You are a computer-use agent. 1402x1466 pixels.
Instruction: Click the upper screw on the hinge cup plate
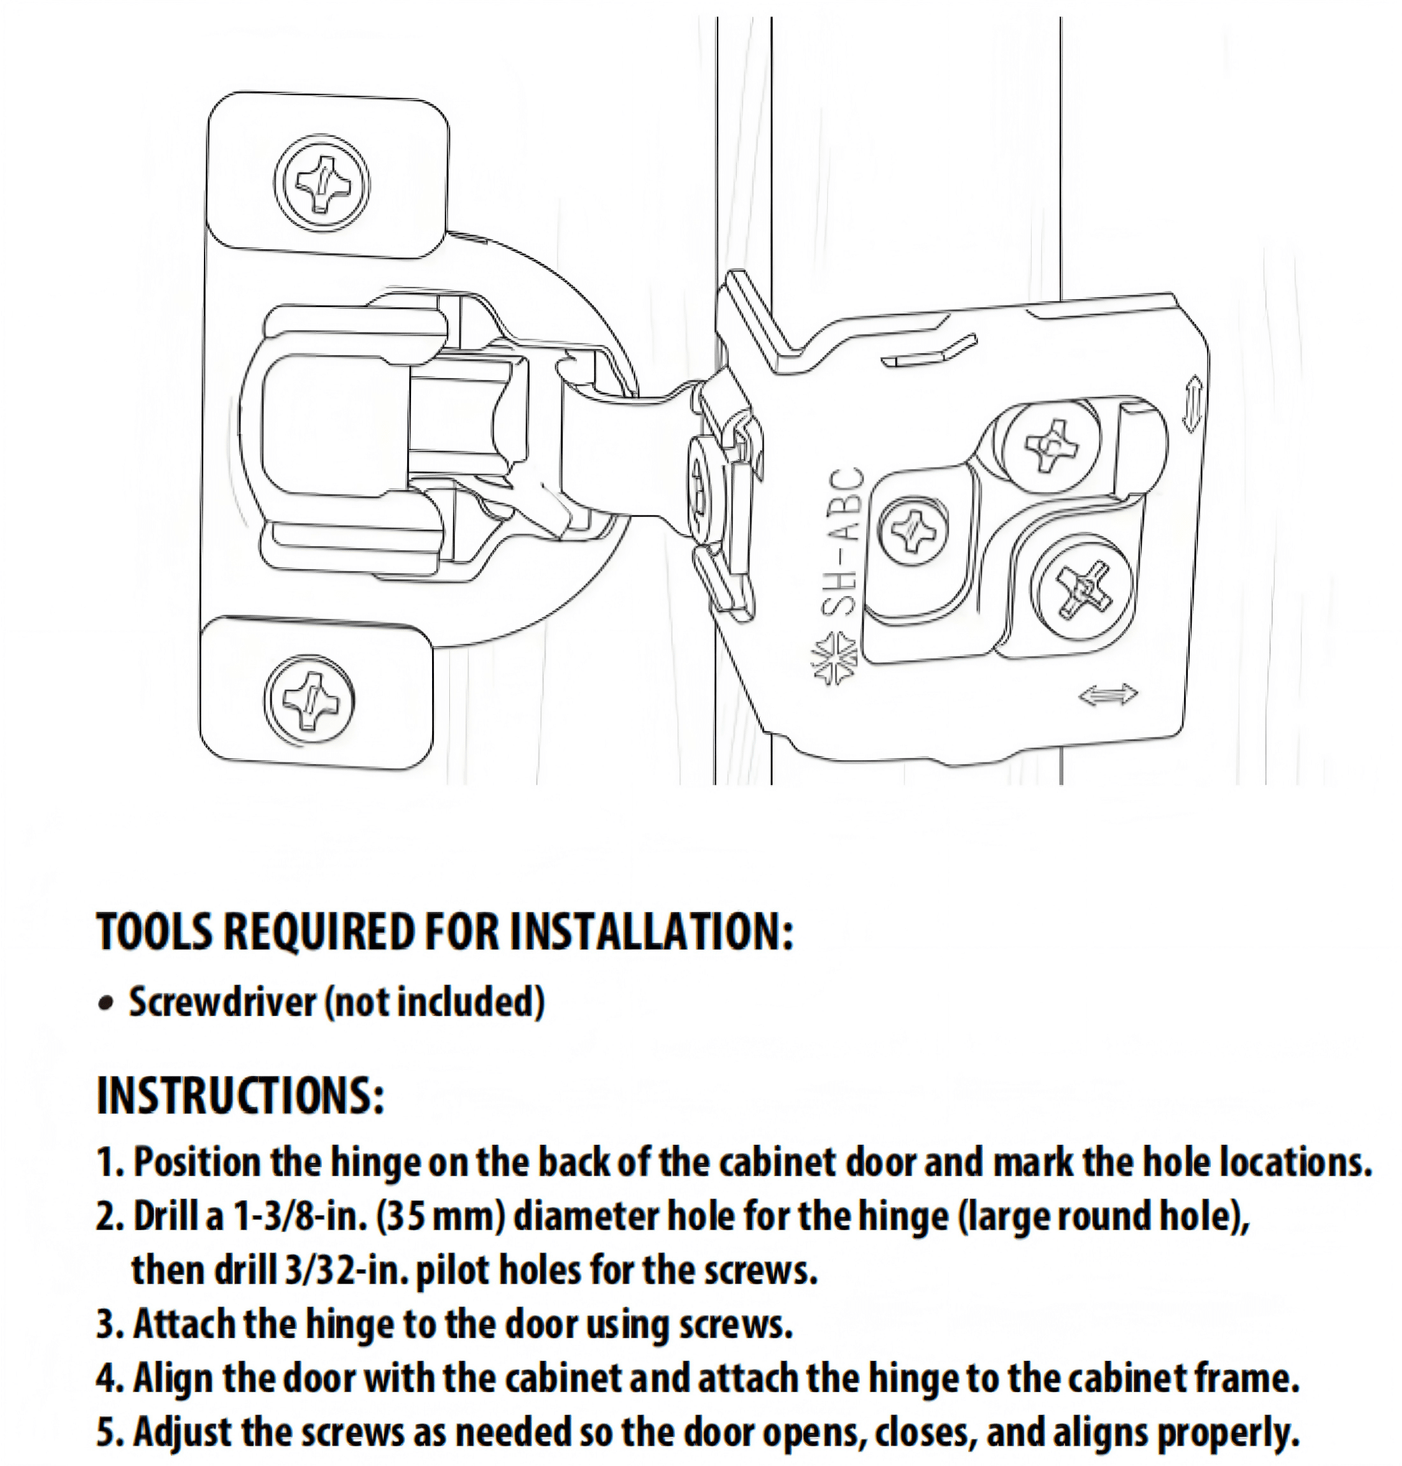(x=321, y=182)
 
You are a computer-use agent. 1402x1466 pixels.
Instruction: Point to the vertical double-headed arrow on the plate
(x=1193, y=403)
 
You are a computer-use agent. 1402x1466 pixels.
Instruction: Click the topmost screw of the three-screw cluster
(x=1051, y=447)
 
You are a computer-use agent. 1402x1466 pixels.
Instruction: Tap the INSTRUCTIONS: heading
(x=241, y=1094)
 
